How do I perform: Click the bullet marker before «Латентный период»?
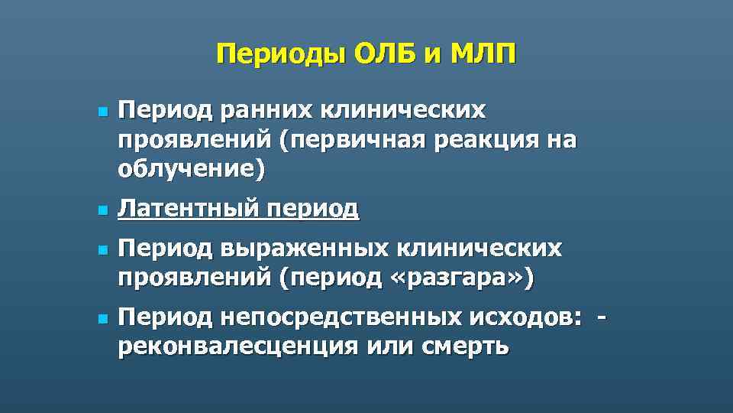click(101, 209)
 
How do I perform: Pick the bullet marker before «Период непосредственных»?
click(101, 317)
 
